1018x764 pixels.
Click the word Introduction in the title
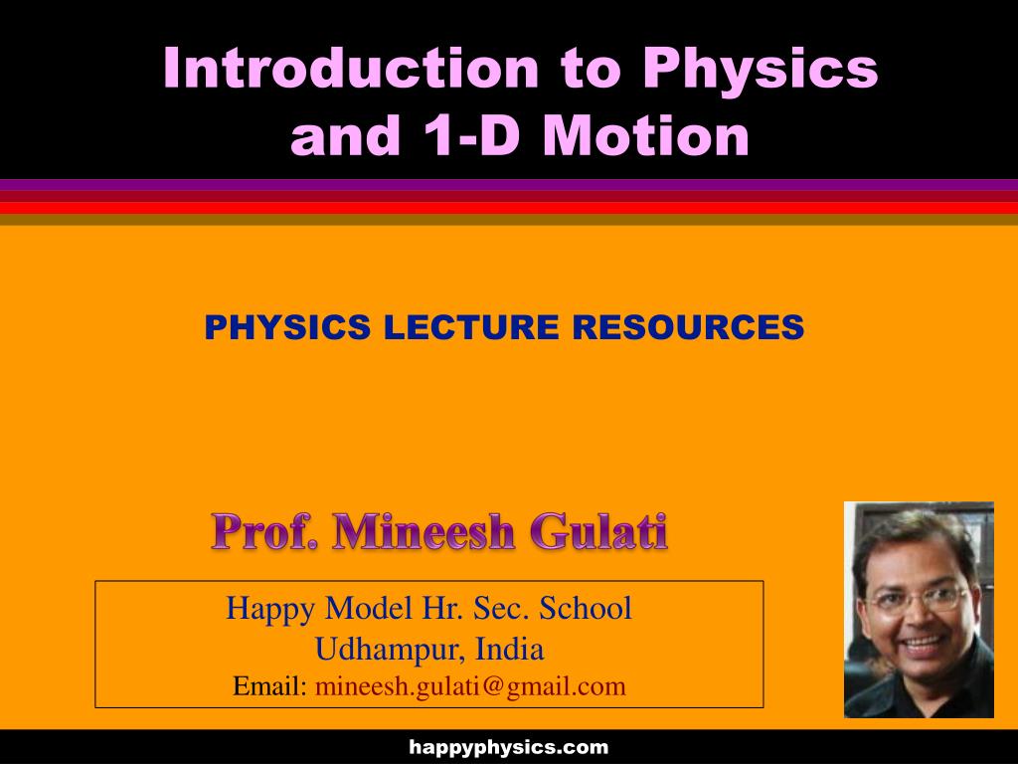(351, 67)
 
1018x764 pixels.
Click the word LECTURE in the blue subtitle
(471, 326)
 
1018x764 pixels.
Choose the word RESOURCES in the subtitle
(688, 326)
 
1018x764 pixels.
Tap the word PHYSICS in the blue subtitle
(287, 326)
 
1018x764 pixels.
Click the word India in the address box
(510, 649)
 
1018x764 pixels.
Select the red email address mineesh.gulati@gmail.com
(470, 687)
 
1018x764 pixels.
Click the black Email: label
(269, 686)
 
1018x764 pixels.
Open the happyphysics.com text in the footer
(508, 748)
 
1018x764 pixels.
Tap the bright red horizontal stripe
(509, 208)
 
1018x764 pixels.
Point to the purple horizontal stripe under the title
(509, 184)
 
